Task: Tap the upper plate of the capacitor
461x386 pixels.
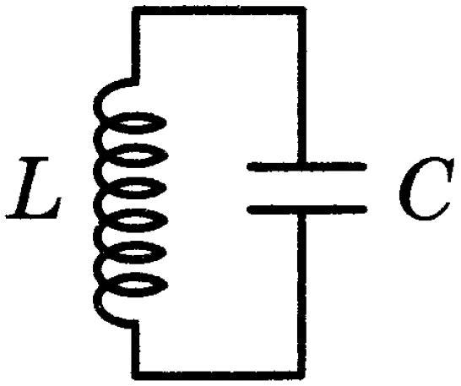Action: pos(306,166)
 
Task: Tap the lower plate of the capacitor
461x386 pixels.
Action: pos(306,209)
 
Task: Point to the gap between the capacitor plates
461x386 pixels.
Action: pos(306,188)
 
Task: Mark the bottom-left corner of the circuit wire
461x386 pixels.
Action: pos(135,376)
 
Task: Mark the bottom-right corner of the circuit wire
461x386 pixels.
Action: pos(301,376)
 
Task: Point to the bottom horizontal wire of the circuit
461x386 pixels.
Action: pos(219,376)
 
